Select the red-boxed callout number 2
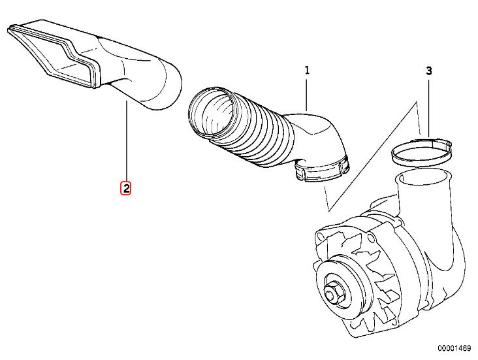(125, 189)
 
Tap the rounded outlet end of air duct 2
(163, 85)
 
